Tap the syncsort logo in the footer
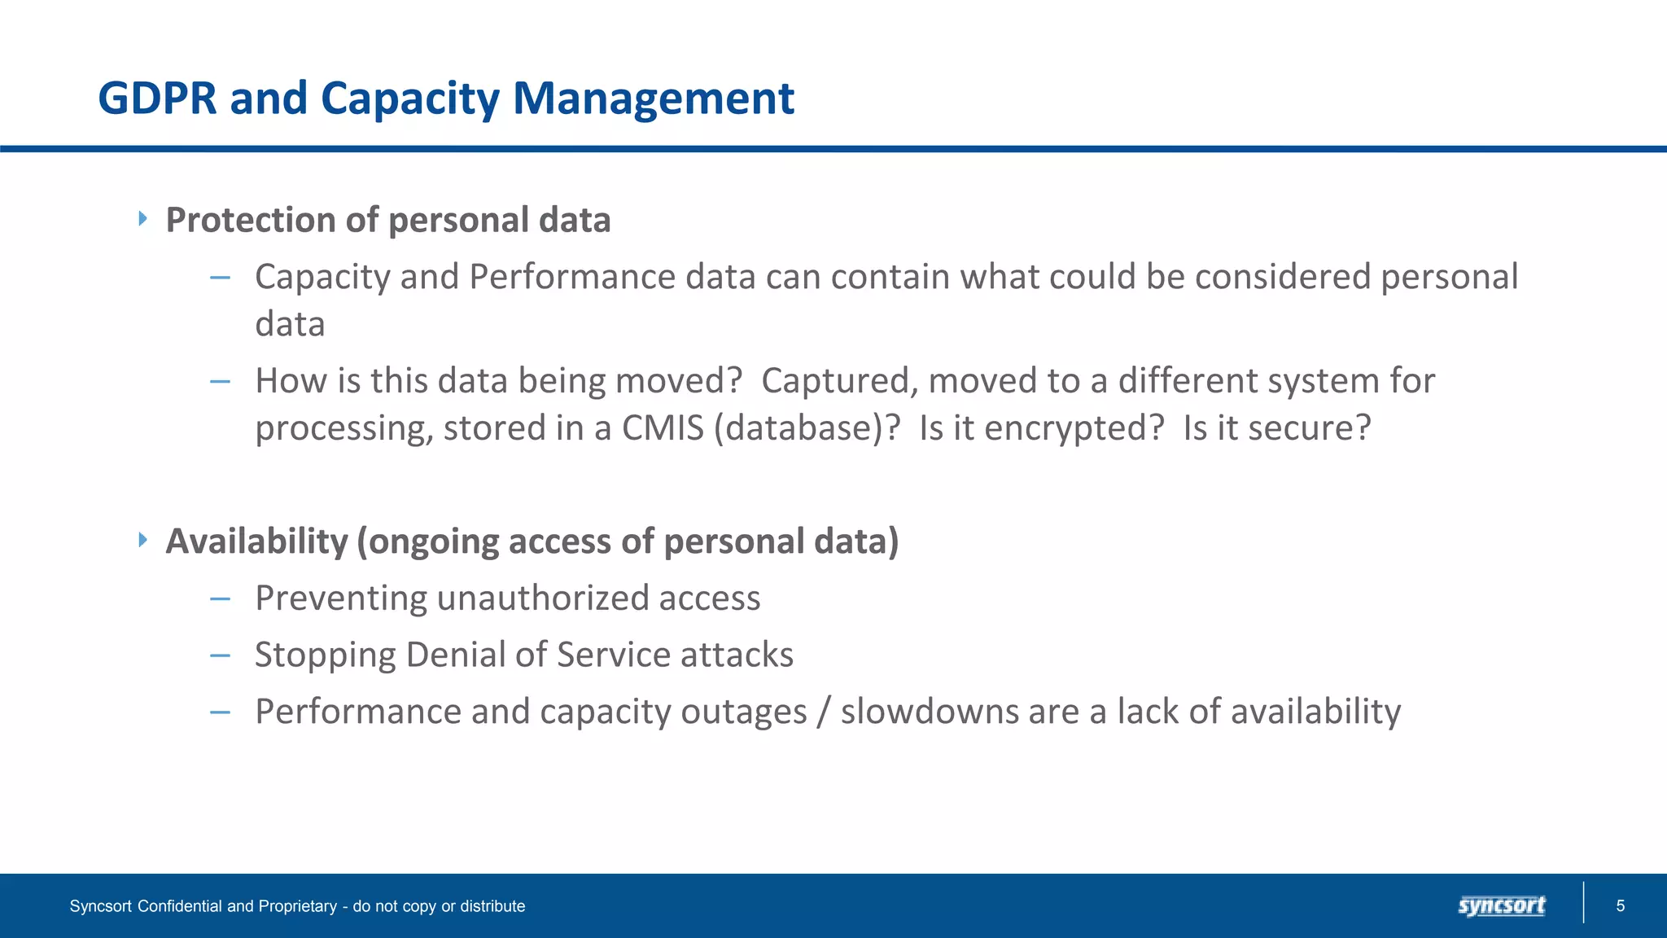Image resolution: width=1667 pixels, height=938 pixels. pos(1501,905)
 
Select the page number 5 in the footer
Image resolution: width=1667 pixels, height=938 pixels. pos(1620,906)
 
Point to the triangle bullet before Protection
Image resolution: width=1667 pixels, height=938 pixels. pos(143,218)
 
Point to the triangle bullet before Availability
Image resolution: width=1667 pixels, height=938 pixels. pos(143,539)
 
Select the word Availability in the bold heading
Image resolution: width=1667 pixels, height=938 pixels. pos(256,541)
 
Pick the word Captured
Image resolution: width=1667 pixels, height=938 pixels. pos(839,381)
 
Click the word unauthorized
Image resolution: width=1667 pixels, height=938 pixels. pos(543,598)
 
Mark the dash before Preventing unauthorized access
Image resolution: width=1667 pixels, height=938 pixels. pos(220,599)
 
